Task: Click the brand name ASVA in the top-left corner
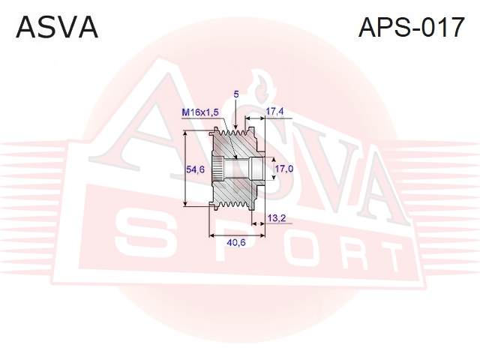57,28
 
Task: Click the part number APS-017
412,28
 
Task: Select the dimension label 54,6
195,169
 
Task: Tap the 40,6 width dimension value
236,243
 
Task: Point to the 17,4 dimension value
274,112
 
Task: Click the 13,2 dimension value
277,218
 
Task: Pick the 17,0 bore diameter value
284,168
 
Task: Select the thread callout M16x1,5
200,112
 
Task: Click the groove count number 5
235,94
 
